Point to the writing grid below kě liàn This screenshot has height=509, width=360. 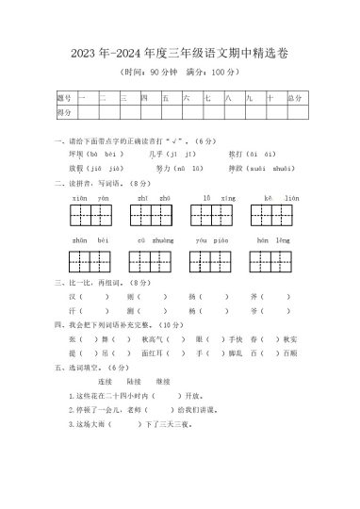pyautogui.click(x=280, y=220)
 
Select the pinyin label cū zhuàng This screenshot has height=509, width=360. pyautogui.click(x=153, y=242)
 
